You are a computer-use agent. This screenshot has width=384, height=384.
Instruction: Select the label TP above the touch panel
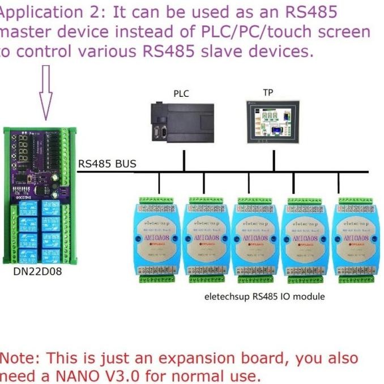pyautogui.click(x=268, y=92)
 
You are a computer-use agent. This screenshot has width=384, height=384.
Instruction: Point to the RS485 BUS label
pyautogui.click(x=107, y=164)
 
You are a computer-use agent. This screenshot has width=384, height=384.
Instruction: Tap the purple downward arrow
pyautogui.click(x=46, y=93)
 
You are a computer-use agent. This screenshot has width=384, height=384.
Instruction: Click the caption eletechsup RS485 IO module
pyautogui.click(x=264, y=296)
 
